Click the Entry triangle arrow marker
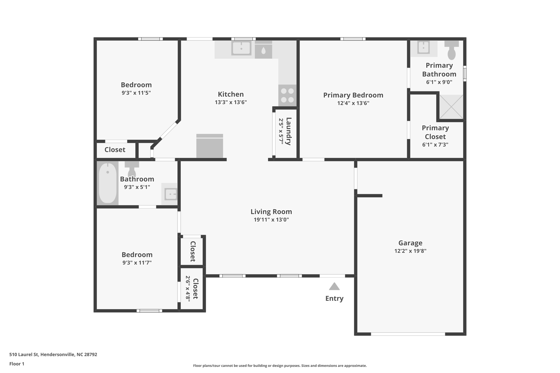point(334,287)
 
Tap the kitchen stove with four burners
point(287,95)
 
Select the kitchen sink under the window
point(241,48)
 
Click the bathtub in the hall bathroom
point(107,183)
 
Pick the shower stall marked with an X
point(451,107)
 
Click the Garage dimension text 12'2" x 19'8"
point(410,251)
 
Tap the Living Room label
point(271,212)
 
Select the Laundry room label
point(288,131)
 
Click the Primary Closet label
point(435,132)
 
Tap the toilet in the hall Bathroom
point(132,168)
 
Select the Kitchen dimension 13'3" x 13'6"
point(231,102)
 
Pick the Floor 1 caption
point(17,364)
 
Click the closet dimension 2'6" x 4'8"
point(188,288)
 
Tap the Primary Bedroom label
point(353,95)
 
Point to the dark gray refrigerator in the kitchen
point(209,146)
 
